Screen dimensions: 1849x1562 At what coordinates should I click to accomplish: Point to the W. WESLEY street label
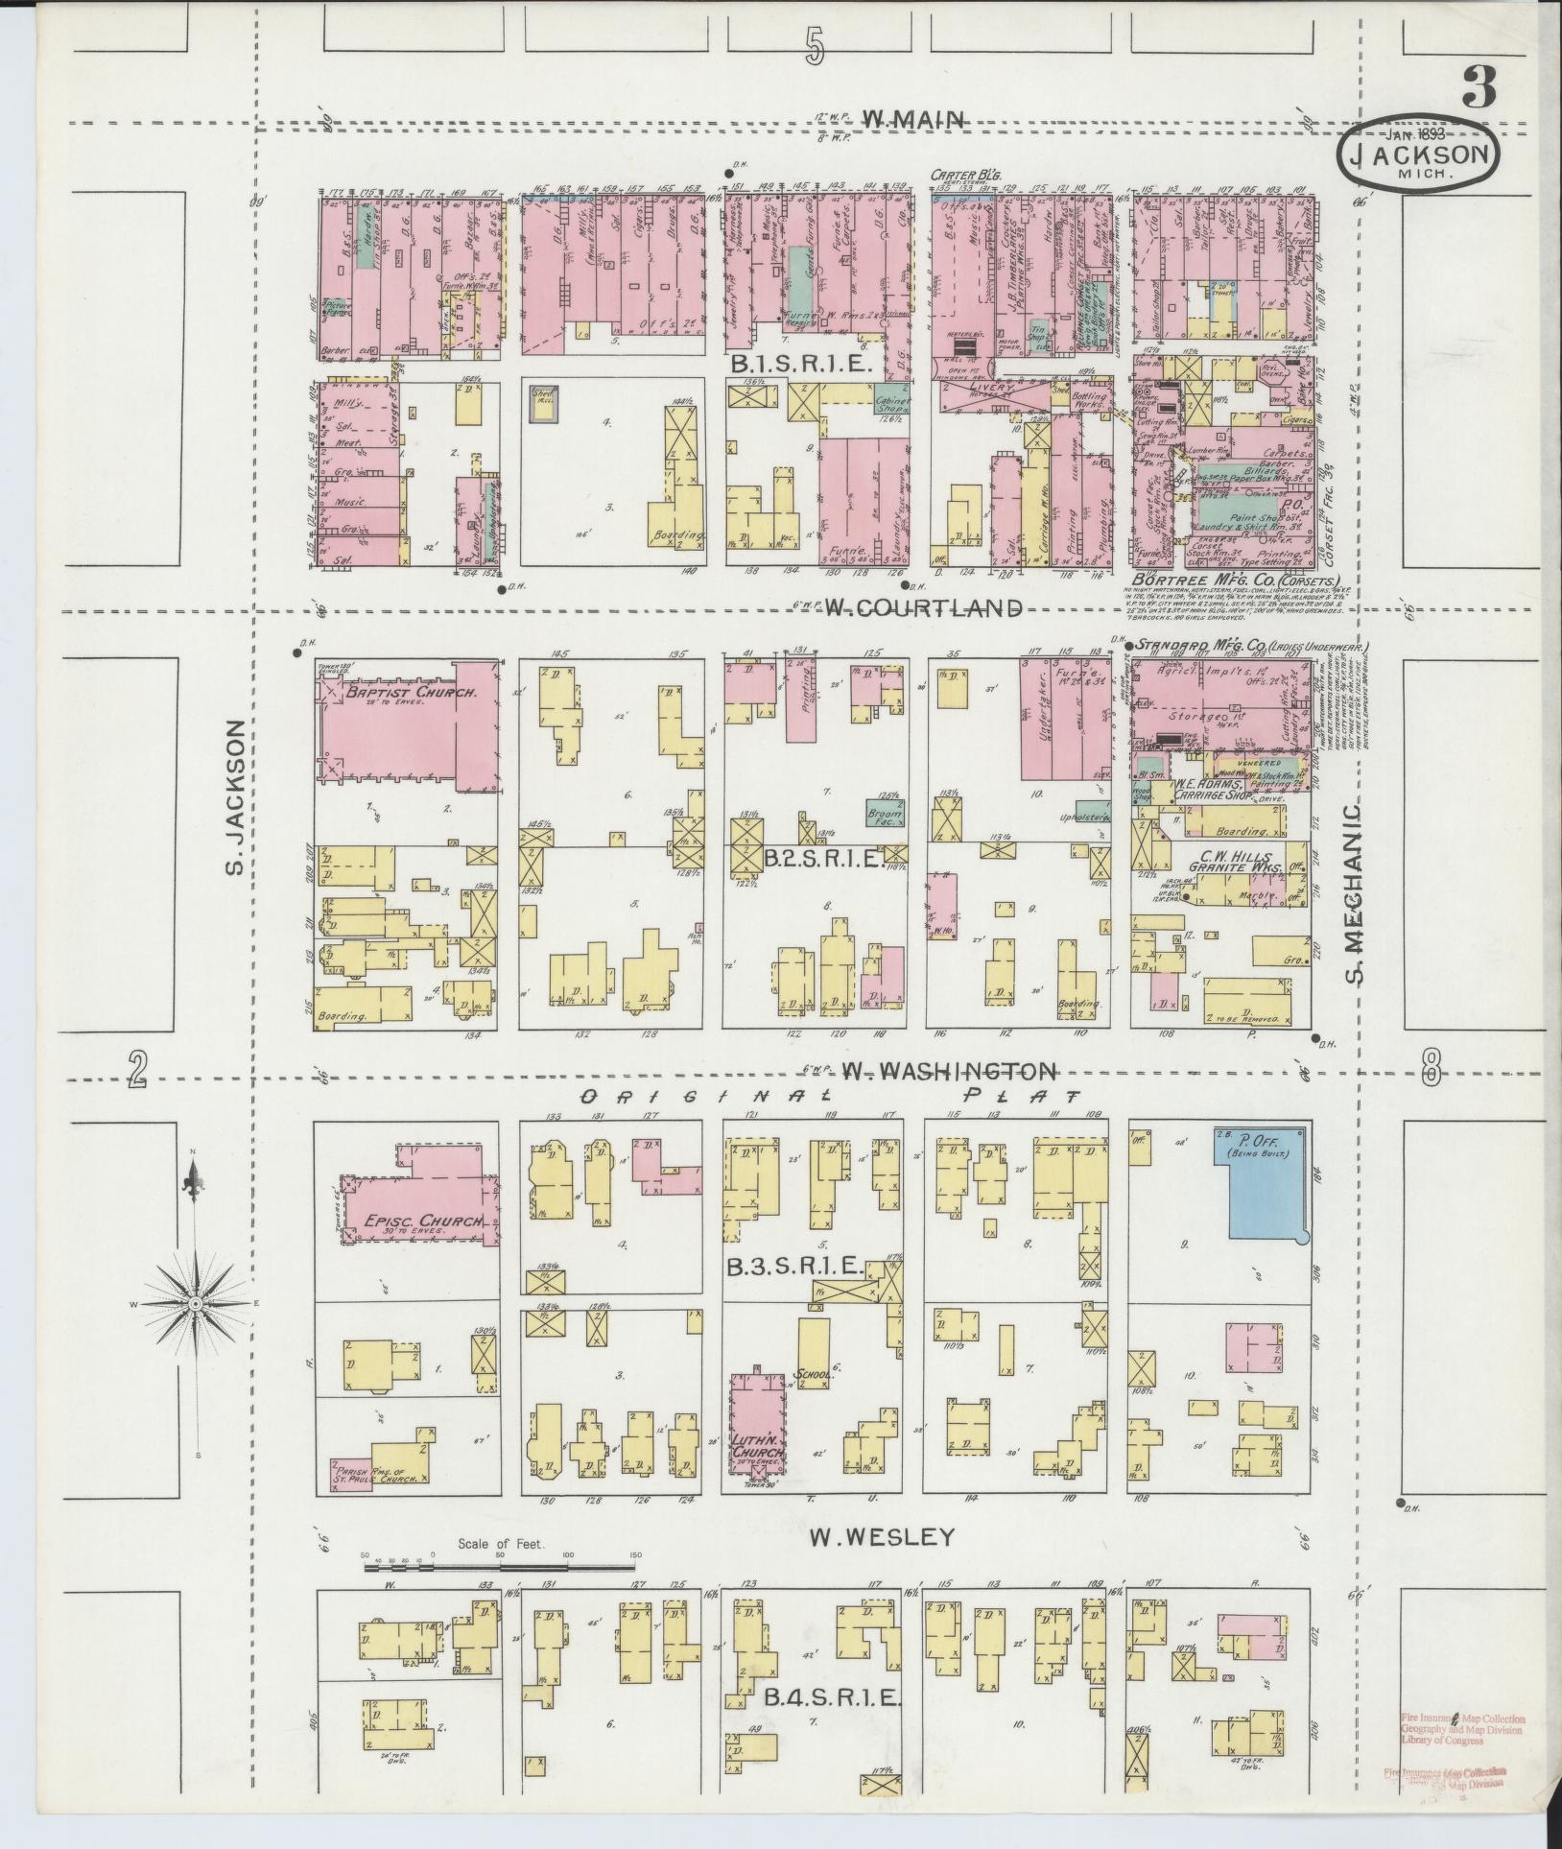click(x=882, y=1536)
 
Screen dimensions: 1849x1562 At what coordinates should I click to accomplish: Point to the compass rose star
click(x=196, y=1304)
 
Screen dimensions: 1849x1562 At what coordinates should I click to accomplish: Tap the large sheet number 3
click(x=1479, y=88)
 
